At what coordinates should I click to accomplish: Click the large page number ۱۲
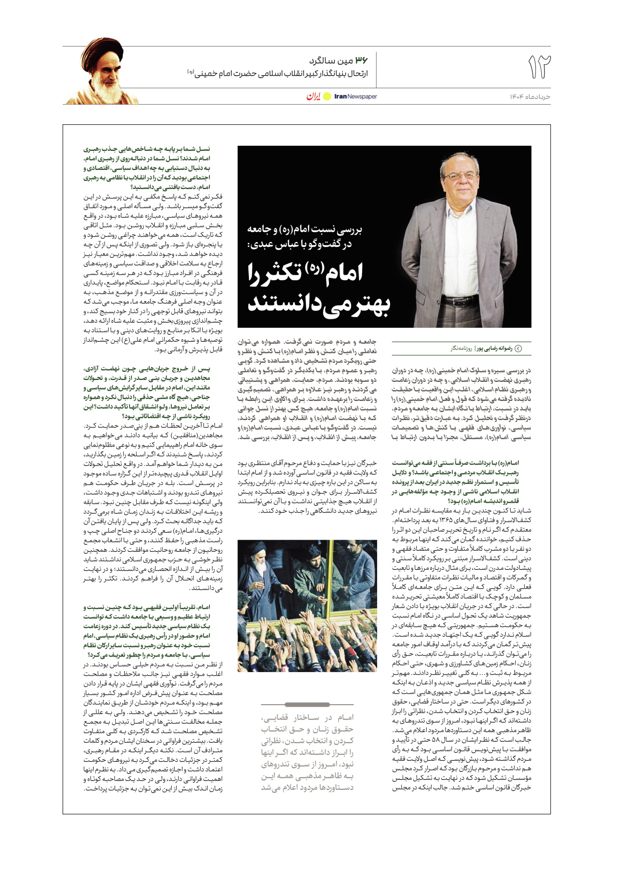[x=539, y=67]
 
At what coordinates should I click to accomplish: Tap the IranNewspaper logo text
[x=356, y=96]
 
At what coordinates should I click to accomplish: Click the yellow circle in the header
[x=327, y=96]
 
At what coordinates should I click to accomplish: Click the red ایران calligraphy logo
[x=313, y=96]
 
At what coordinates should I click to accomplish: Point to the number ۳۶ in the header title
[x=362, y=61]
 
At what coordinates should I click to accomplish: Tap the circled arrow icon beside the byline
[x=518, y=348]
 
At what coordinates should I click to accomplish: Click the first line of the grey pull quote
[x=307, y=717]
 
